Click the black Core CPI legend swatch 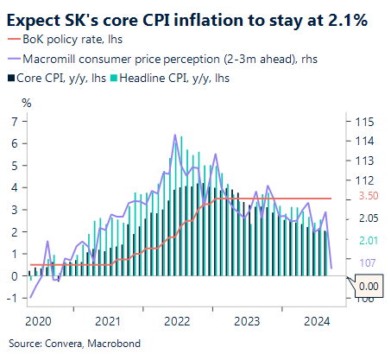pyautogui.click(x=10, y=78)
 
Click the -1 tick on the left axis pyautogui.click(x=13, y=298)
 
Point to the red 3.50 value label pyautogui.click(x=369, y=197)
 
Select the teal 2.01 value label pyautogui.click(x=369, y=240)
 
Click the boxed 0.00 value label pyautogui.click(x=368, y=286)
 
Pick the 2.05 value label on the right pyautogui.click(x=369, y=219)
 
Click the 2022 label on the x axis pyautogui.click(x=177, y=321)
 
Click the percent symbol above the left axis pyautogui.click(x=26, y=103)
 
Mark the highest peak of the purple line pyautogui.click(x=175, y=135)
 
